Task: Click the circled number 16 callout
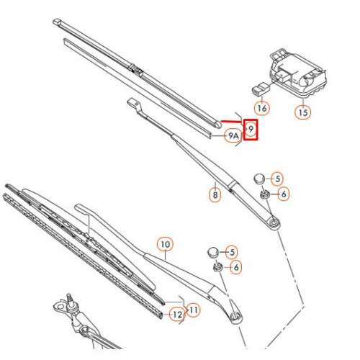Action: point(261,107)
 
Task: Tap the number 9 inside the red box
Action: point(251,129)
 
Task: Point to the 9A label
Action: point(232,135)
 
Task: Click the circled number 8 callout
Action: point(214,194)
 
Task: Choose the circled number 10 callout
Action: point(165,245)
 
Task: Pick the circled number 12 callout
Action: point(176,314)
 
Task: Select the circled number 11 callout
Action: point(194,310)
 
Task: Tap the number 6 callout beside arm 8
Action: point(282,193)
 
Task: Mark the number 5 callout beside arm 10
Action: point(231,251)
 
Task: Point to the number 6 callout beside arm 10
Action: point(236,267)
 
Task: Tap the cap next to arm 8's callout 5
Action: point(260,177)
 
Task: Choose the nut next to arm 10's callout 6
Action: point(217,266)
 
